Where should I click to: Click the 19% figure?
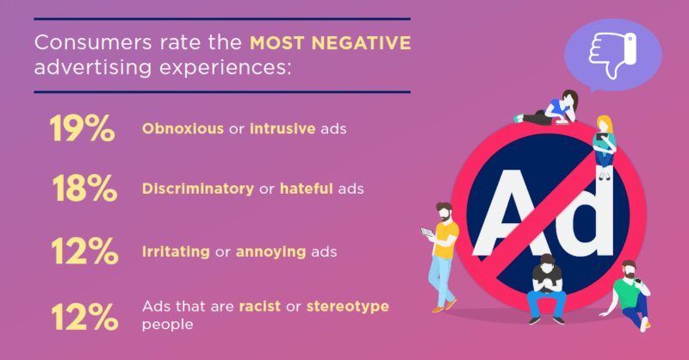pos(82,128)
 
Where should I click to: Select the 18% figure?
pos(84,188)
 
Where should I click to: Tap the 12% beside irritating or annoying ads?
pos(84,251)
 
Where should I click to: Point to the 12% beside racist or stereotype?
pos(84,316)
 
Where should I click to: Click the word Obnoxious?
pos(183,129)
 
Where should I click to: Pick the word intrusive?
pos(282,129)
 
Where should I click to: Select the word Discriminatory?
pos(198,189)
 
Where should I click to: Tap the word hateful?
pos(307,189)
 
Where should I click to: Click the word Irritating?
pos(176,251)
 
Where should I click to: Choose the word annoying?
pos(270,252)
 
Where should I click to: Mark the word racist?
pos(260,307)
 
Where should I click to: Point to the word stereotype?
pos(348,307)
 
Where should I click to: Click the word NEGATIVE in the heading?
pos(361,43)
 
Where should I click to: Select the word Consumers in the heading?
pos(94,43)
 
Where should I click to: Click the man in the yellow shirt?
pos(441,258)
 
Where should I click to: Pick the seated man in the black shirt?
pos(546,289)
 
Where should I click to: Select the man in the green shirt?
pos(626,295)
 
